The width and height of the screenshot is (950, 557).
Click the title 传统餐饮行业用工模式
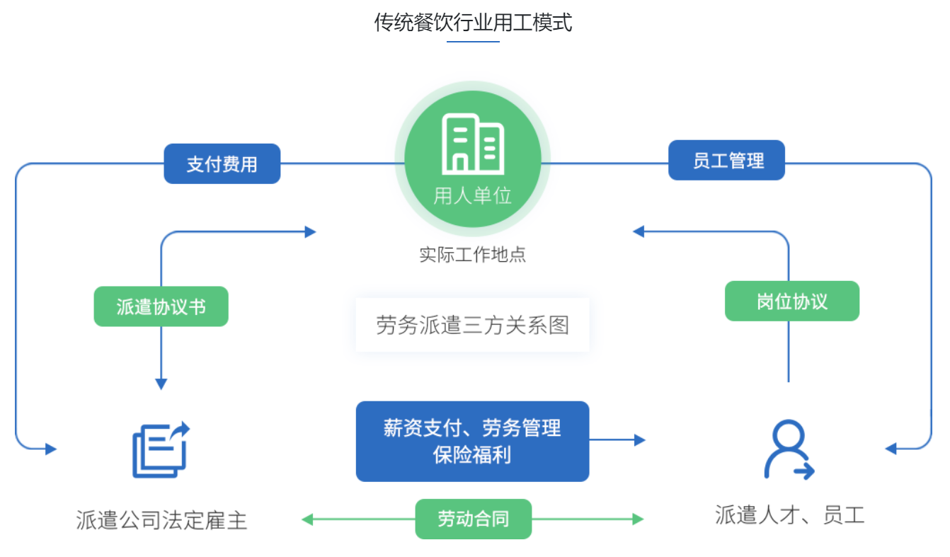473,23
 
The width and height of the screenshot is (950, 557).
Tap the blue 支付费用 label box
222,164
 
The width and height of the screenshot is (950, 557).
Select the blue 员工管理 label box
727,161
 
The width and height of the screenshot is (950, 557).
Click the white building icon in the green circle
472,144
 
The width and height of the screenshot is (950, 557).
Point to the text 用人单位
472,195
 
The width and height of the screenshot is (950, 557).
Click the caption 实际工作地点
472,255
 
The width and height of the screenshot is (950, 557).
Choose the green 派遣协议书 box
161,306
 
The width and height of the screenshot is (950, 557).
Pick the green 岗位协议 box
791,302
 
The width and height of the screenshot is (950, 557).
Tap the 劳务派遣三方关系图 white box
472,325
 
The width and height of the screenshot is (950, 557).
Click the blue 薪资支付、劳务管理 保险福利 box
472,441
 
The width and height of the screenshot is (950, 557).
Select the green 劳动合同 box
473,519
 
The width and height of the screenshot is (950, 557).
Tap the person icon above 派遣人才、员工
788,450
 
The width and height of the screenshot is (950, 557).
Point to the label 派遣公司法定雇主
161,521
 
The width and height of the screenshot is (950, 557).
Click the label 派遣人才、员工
789,515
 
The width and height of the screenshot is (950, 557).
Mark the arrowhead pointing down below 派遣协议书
161,384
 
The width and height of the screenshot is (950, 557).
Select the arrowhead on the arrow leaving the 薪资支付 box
640,440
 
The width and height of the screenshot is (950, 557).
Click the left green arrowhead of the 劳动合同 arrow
307,519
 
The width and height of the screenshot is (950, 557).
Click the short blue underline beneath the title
473,42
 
